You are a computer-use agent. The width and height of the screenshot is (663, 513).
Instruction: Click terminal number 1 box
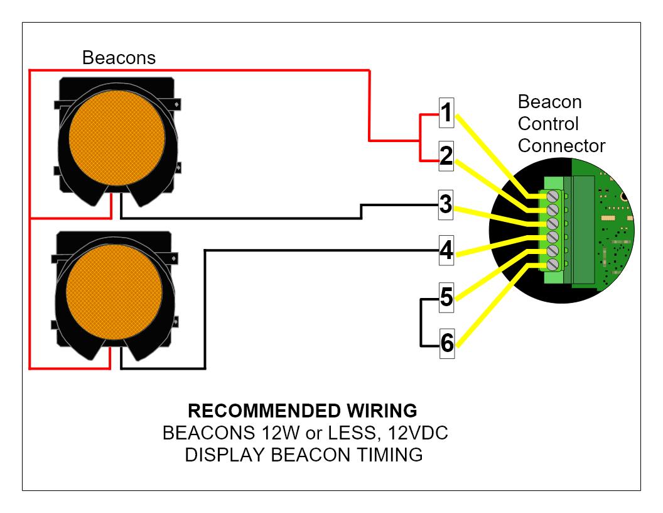point(446,114)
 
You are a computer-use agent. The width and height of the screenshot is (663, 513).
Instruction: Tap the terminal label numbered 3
point(446,205)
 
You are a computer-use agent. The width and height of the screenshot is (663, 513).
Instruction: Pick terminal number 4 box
point(446,251)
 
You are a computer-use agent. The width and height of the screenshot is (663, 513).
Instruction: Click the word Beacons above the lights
point(119,58)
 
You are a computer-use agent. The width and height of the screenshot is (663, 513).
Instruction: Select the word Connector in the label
point(561,146)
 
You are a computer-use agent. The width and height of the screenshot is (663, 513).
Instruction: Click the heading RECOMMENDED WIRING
point(303,411)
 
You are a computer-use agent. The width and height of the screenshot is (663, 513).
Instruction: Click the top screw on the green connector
point(552,197)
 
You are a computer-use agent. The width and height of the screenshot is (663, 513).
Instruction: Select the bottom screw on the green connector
point(552,266)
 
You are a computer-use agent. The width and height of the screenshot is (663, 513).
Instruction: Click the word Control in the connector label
point(548,124)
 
